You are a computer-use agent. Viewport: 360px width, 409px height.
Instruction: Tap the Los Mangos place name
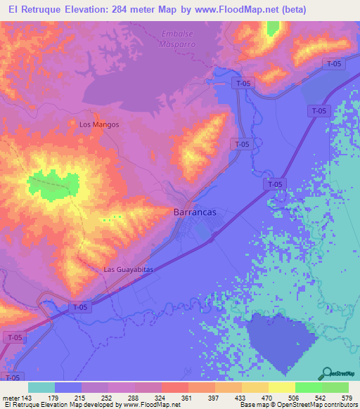pos(99,124)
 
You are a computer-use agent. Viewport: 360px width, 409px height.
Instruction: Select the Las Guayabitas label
pos(128,269)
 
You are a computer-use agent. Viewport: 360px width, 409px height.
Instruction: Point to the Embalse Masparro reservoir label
pos(177,39)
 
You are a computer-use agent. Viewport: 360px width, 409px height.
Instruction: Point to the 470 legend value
pos(266,397)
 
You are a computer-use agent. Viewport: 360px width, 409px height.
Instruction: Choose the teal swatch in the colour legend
pos(41,387)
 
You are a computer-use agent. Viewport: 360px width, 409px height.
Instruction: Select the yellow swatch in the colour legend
pos(281,387)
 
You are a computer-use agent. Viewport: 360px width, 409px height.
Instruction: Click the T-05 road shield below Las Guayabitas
pos(79,307)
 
